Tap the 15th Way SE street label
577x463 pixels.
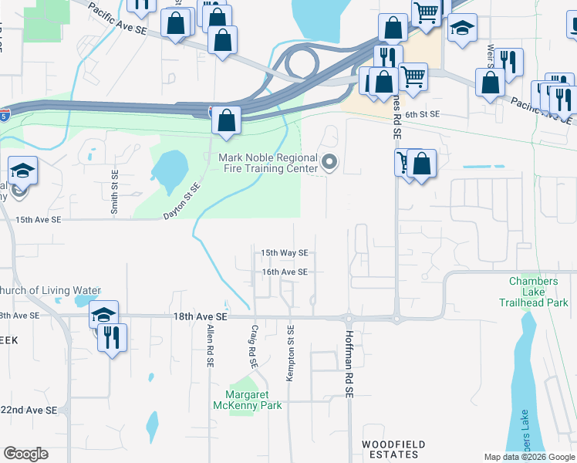coord(284,252)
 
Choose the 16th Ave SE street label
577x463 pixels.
coord(284,272)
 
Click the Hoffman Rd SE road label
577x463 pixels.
coord(349,371)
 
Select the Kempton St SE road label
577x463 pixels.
coord(291,352)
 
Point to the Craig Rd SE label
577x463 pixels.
coord(252,345)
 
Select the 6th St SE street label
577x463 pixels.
coord(422,114)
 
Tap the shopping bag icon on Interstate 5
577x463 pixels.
coord(226,120)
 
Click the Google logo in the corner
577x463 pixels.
coord(25,454)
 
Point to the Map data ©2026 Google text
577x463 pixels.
coord(529,457)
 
